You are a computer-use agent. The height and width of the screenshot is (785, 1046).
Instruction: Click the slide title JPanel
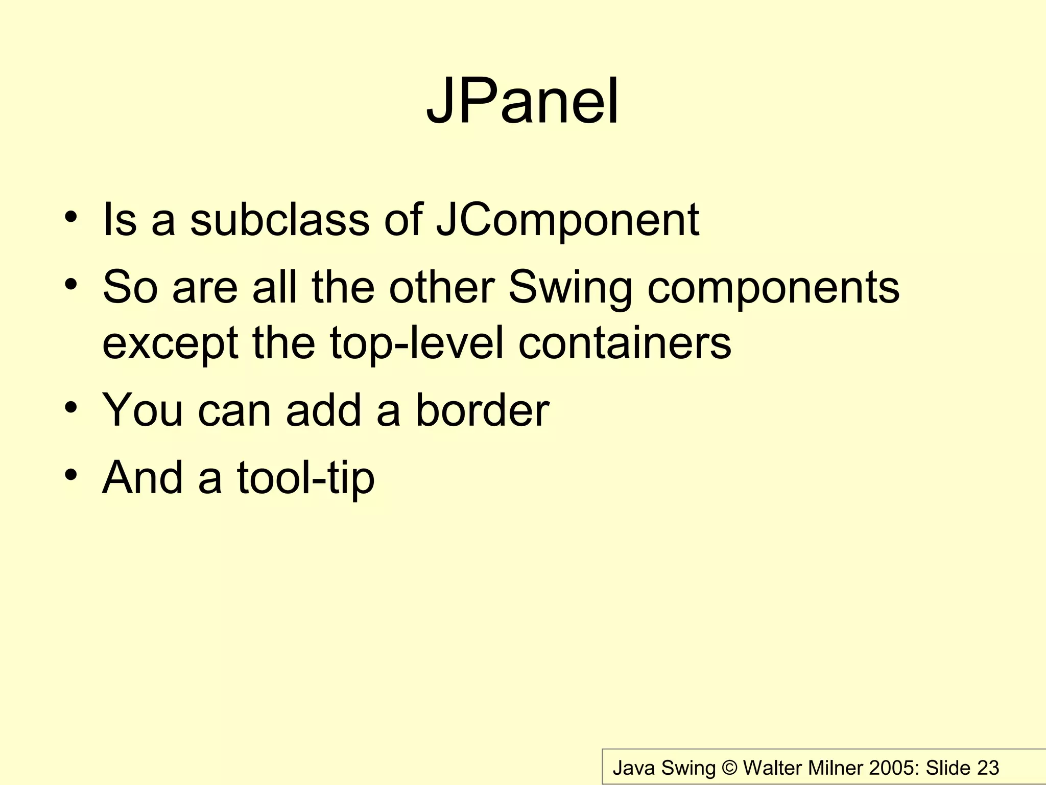tap(522, 101)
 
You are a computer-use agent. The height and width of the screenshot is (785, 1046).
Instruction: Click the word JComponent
tap(567, 220)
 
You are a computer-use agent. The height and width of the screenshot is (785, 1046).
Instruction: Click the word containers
tap(624, 343)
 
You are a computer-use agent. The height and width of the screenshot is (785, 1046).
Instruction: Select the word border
tap(482, 410)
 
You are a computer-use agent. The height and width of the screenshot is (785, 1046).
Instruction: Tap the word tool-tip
tap(305, 478)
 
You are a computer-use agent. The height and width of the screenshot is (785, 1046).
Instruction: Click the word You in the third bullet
tap(142, 410)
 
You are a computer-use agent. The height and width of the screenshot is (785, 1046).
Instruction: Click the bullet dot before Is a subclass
tap(71, 217)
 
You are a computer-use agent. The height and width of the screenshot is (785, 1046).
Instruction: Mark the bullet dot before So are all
tap(71, 284)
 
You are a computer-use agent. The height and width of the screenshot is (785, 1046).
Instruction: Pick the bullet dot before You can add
tap(71, 407)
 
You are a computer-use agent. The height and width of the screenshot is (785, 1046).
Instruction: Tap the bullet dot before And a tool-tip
tap(71, 475)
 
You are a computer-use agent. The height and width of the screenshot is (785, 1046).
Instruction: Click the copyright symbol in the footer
tap(729, 768)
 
